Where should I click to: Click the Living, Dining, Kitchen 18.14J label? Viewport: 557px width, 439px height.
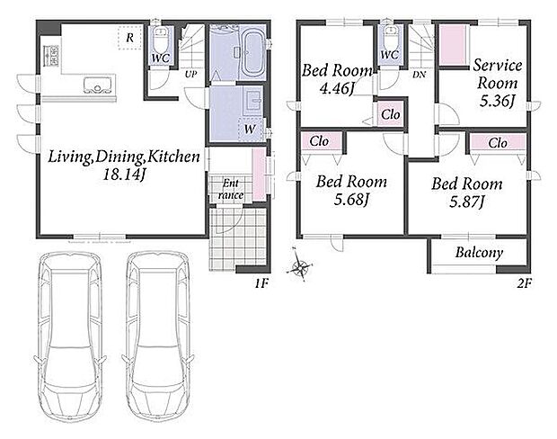pyautogui.click(x=124, y=165)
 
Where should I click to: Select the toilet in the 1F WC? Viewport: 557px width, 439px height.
pyautogui.click(x=161, y=40)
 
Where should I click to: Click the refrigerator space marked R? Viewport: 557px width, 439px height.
pyautogui.click(x=130, y=38)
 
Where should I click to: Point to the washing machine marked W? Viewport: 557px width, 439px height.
pyautogui.click(x=250, y=130)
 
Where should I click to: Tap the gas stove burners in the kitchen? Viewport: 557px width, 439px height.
pyautogui.click(x=51, y=56)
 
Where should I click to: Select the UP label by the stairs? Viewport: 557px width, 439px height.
pyautogui.click(x=190, y=75)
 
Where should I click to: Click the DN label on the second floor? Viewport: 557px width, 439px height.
pyautogui.click(x=420, y=75)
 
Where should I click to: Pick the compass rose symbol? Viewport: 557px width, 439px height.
pyautogui.click(x=300, y=265)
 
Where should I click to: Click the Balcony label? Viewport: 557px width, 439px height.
pyautogui.click(x=479, y=253)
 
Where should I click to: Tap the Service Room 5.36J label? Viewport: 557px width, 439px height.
pyautogui.click(x=498, y=83)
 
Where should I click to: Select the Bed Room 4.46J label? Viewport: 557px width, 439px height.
pyautogui.click(x=336, y=79)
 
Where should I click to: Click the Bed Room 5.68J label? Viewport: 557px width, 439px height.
pyautogui.click(x=351, y=191)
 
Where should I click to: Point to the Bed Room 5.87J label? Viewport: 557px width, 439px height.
pyautogui.click(x=467, y=193)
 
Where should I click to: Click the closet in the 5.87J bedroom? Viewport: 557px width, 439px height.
pyautogui.click(x=498, y=144)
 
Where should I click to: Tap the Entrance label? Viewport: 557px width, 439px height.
pyautogui.click(x=231, y=189)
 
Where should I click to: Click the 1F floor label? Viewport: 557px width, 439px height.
pyautogui.click(x=261, y=283)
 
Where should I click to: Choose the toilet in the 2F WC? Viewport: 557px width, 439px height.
pyautogui.click(x=391, y=39)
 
